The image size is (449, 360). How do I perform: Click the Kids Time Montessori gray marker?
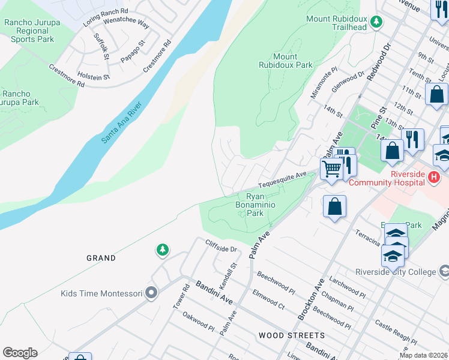tap(151, 293)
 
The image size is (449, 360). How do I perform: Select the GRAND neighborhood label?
tap(101, 258)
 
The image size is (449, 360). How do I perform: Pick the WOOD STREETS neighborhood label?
tap(292, 335)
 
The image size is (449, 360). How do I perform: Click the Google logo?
tap(20, 353)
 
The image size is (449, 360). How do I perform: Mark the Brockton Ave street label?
tap(312, 298)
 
